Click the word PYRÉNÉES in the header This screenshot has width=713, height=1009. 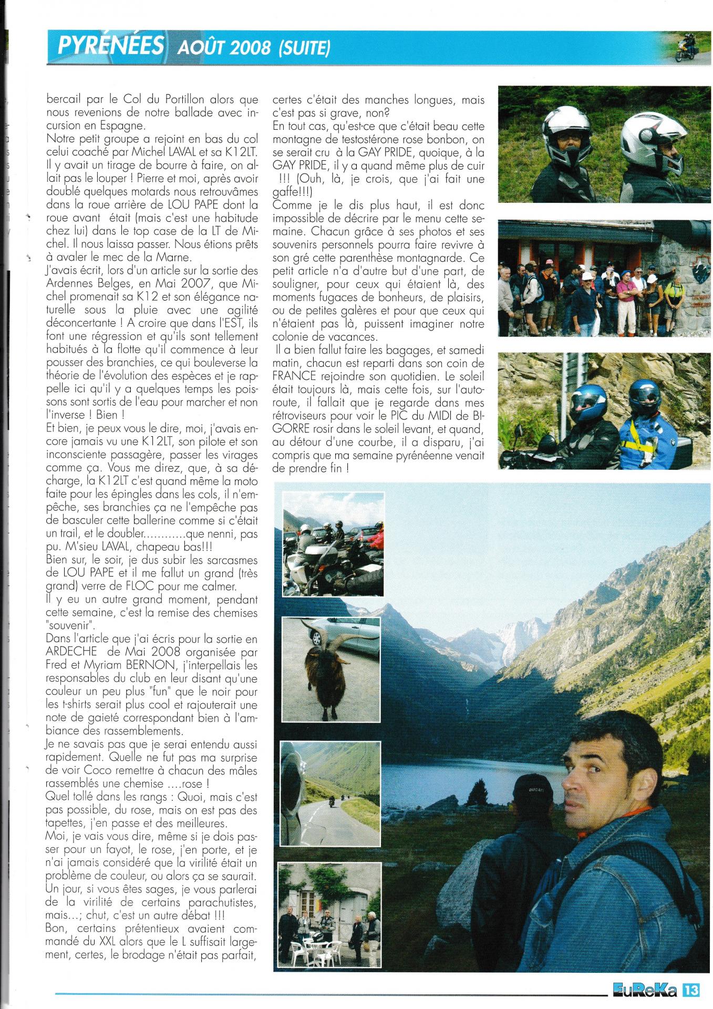click(x=111, y=46)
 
